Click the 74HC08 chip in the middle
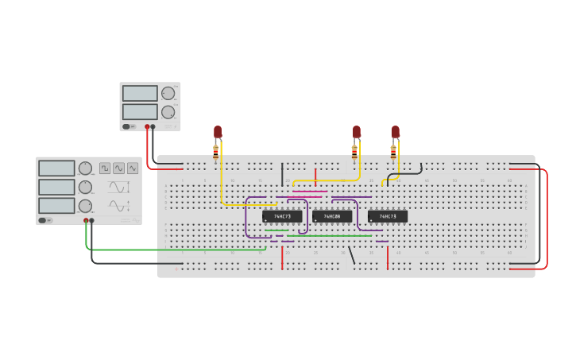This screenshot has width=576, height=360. click(x=331, y=216)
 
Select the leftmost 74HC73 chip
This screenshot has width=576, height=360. click(x=282, y=216)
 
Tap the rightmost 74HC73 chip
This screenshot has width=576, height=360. click(x=388, y=216)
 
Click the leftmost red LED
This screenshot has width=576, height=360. click(x=218, y=131)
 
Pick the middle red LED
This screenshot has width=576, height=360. click(x=357, y=131)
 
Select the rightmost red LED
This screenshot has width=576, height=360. click(x=395, y=131)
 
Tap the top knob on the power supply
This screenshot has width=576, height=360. click(x=168, y=93)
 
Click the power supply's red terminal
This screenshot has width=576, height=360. click(x=147, y=126)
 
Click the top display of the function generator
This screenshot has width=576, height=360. click(x=56, y=168)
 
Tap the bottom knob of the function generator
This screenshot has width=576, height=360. click(x=85, y=206)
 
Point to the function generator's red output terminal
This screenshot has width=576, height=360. click(x=86, y=220)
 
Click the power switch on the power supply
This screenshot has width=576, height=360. click(x=127, y=126)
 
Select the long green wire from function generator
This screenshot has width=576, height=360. click(x=175, y=250)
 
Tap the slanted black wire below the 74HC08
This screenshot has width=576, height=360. click(x=352, y=254)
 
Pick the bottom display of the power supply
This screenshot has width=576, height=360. click(x=140, y=112)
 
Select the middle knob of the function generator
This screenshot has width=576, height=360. click(x=85, y=187)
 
